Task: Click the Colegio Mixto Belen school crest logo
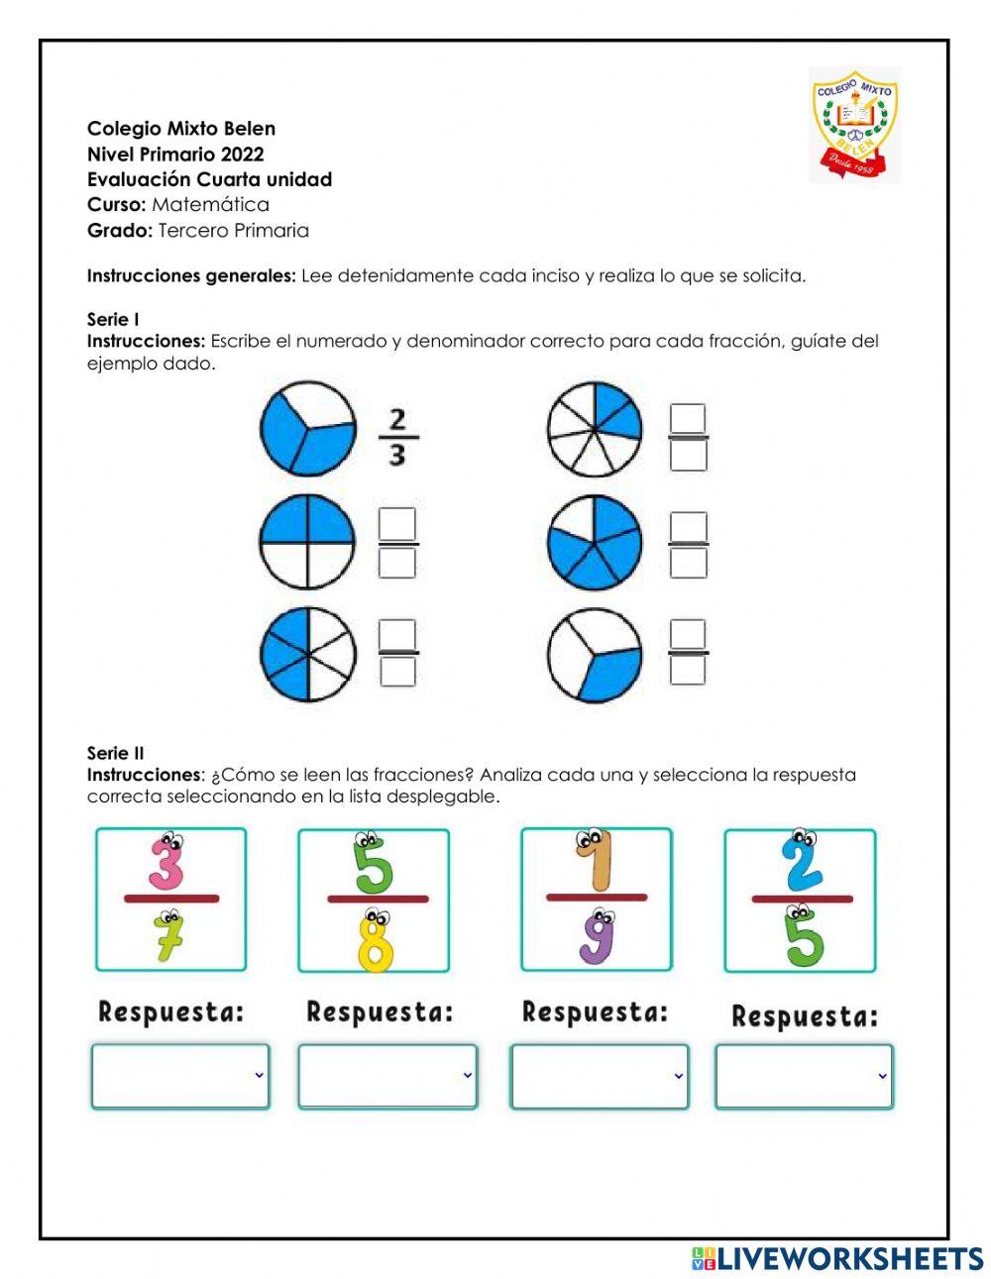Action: [x=854, y=125]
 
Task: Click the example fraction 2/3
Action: [x=397, y=437]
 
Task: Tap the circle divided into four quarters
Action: [x=307, y=543]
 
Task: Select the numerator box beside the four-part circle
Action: [x=397, y=524]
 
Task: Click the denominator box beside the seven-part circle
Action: [x=688, y=455]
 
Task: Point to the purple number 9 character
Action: [x=597, y=935]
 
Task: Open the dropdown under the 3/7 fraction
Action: [x=179, y=1076]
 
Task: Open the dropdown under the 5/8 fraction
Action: [x=386, y=1076]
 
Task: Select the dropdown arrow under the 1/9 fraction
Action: [x=679, y=1076]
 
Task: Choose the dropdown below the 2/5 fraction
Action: [x=804, y=1076]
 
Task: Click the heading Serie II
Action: [x=115, y=753]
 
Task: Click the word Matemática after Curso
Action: [x=210, y=205]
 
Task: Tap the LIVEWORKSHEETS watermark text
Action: [x=849, y=1258]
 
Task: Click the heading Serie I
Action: [x=113, y=319]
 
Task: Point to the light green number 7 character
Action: [x=168, y=936]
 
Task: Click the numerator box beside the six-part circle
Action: [x=397, y=634]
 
